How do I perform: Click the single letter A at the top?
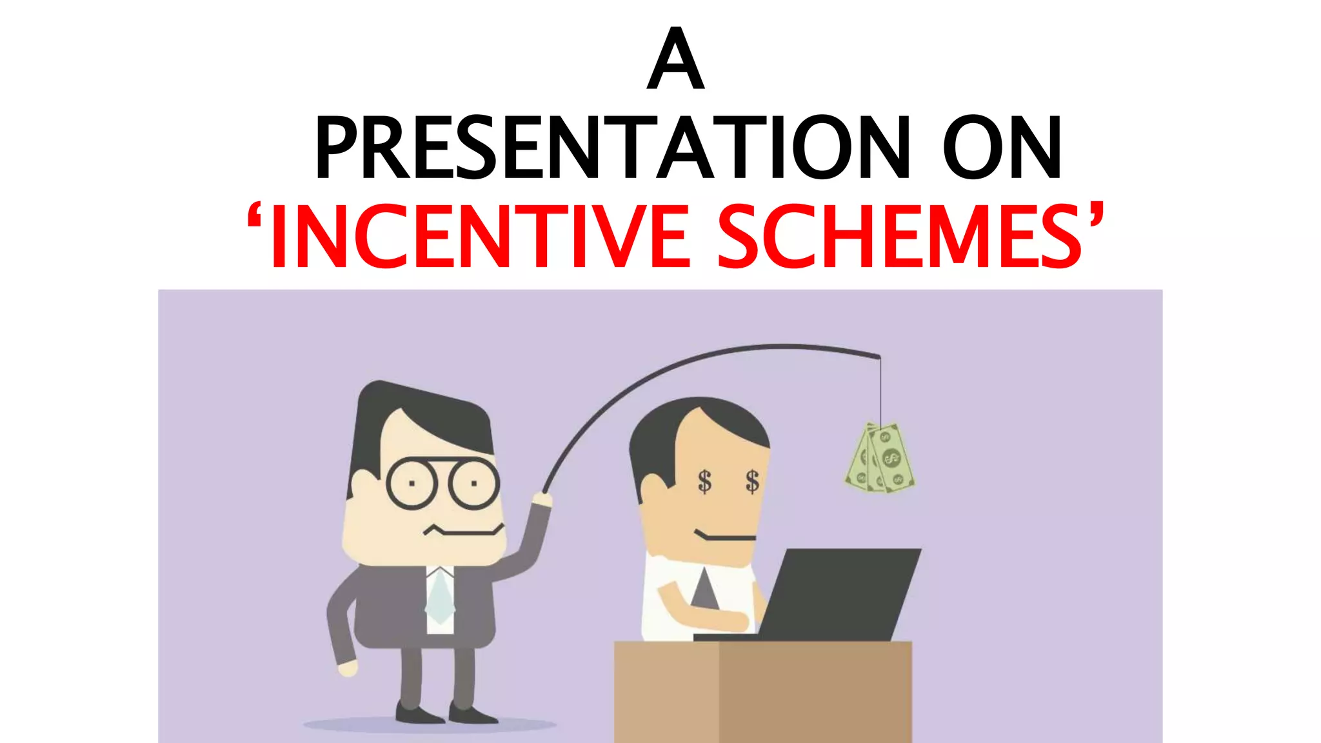(675, 59)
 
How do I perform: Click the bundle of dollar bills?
(880, 458)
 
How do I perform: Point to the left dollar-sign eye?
(704, 481)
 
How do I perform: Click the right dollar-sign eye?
(752, 481)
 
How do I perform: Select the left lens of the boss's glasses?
(412, 483)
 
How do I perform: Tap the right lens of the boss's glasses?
(473, 483)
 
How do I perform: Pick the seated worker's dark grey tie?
(704, 590)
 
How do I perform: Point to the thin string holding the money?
(880, 390)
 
